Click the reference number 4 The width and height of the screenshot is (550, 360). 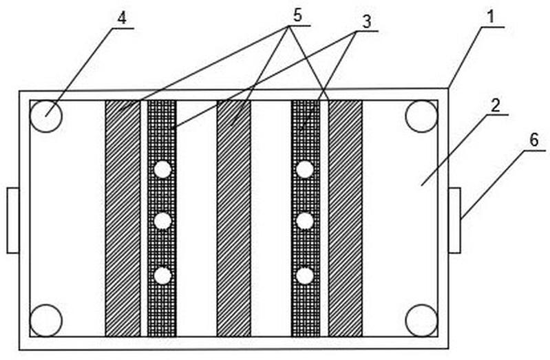click(121, 19)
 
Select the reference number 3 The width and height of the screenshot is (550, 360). click(368, 21)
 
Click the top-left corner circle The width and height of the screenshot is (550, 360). click(46, 116)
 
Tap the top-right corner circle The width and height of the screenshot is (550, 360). click(421, 116)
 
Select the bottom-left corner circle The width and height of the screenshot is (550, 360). click(46, 320)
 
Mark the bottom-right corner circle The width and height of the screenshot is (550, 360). click(421, 320)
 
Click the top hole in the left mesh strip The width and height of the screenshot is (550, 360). click(162, 169)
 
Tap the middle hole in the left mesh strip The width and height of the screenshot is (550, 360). click(162, 222)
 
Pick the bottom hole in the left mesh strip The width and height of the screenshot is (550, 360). click(162, 275)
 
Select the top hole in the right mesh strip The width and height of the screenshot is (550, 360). click(306, 169)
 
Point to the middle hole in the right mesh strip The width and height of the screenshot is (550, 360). click(306, 222)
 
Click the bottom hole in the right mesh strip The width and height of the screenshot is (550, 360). click(306, 275)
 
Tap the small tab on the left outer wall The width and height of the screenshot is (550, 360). click(13, 220)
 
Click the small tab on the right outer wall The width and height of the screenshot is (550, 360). click(454, 220)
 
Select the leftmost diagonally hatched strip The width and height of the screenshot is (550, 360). click(123, 218)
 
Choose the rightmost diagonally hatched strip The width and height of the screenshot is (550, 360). click(345, 218)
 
